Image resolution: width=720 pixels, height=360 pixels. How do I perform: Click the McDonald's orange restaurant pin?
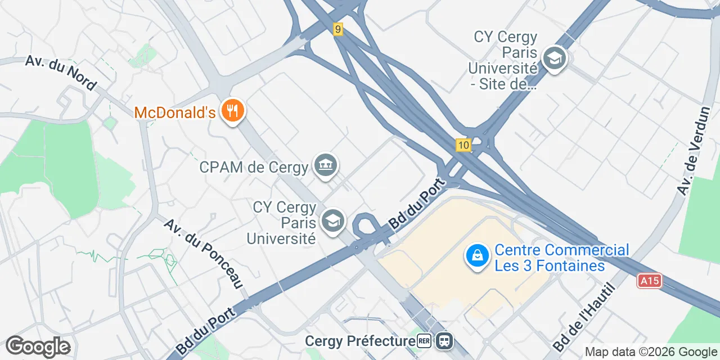231,110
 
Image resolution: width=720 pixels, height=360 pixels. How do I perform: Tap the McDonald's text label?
175,112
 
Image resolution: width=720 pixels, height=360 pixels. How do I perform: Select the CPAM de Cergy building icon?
326,165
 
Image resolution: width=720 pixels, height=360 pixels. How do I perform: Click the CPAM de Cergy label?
254,167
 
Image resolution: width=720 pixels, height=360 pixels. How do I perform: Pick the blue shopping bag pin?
477,256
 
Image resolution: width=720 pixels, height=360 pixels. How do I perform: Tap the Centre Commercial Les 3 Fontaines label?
561,258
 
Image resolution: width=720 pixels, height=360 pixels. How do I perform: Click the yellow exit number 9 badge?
337,29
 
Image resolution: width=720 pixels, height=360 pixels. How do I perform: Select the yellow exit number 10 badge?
463,146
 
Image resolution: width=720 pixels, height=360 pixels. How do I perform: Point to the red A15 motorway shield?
649,281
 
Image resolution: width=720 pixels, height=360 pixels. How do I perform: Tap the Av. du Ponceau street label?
203,253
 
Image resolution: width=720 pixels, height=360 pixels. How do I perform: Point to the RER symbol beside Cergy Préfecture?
424,341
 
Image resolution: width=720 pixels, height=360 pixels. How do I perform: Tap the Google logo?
38,346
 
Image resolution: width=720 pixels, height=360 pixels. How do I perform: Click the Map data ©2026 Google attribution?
650,352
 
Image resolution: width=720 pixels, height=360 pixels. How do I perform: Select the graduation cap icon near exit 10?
555,58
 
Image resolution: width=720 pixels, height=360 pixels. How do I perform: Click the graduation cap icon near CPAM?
332,221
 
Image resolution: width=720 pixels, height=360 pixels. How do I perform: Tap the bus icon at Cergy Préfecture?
444,341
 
